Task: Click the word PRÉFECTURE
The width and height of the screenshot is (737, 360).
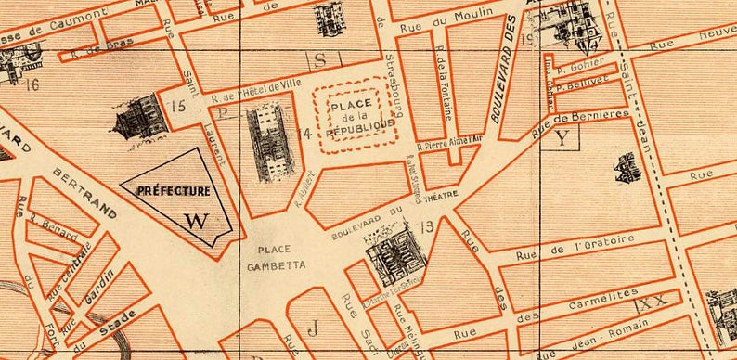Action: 173,191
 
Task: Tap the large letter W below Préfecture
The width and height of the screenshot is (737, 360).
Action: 196,221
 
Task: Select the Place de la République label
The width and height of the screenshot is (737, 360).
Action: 356,119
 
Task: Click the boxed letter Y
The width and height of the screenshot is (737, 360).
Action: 562,138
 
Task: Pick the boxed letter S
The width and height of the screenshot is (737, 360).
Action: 321,60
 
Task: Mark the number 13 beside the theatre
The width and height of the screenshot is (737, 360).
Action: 427,226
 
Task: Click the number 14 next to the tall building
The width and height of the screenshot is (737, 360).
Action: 304,134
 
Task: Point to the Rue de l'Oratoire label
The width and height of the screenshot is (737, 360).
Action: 578,243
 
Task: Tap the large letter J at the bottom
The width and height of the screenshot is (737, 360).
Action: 313,327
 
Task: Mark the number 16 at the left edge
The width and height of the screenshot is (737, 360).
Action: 33,86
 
